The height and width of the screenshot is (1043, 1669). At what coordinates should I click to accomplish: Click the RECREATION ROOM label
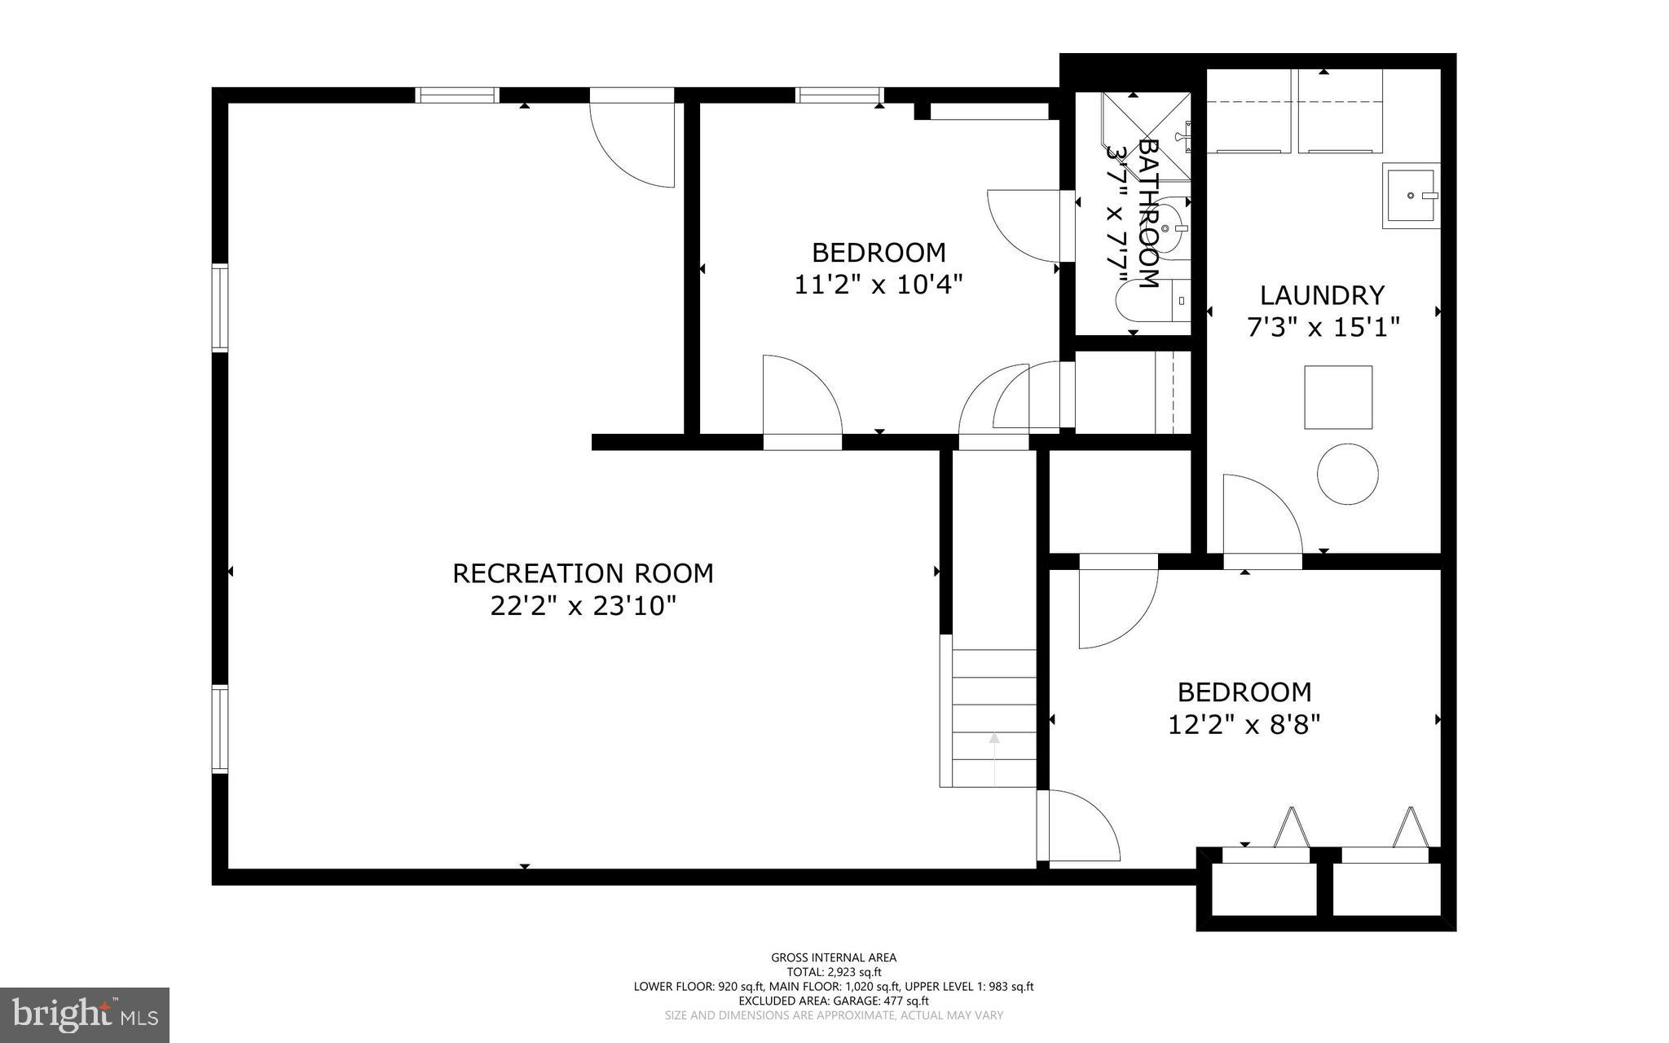[583, 573]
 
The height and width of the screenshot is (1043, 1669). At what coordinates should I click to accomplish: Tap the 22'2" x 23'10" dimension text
[583, 607]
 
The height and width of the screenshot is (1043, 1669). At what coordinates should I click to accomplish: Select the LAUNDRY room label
[1322, 294]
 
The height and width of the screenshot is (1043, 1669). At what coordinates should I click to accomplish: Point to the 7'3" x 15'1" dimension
[1323, 328]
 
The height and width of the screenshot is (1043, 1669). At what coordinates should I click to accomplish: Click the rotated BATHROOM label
[1147, 214]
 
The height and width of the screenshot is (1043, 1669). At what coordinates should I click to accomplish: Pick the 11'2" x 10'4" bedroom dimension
[879, 285]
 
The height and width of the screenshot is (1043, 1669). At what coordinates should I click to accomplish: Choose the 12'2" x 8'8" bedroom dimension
[1244, 725]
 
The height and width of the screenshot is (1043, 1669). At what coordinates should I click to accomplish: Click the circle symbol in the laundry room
[1348, 474]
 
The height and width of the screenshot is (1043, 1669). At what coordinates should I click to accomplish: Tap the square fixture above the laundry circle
[1338, 397]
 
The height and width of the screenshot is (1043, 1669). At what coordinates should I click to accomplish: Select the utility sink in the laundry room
[1410, 196]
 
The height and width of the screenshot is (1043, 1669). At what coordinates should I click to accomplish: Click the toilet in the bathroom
[1171, 229]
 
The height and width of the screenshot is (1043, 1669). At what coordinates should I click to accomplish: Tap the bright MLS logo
[85, 1014]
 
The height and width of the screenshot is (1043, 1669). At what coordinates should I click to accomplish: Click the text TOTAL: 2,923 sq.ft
[834, 972]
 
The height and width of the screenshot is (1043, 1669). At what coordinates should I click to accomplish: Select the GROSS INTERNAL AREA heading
[834, 957]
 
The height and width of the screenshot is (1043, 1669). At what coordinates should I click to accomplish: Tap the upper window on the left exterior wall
[220, 307]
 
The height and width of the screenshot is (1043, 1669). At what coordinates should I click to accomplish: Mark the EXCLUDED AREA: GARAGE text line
[834, 1001]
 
